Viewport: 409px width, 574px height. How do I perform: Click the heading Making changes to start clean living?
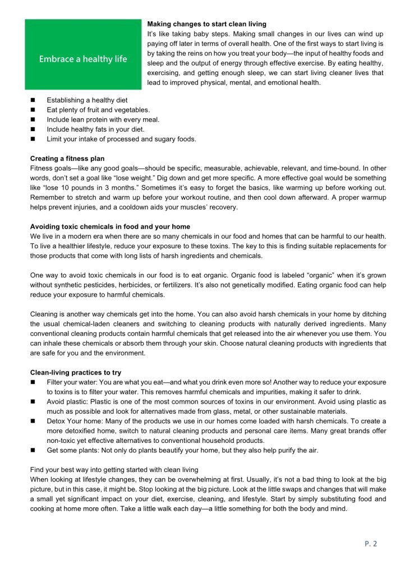point(206,24)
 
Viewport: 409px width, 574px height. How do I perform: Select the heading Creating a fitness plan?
point(67,159)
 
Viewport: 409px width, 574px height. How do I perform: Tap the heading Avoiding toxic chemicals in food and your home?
point(110,226)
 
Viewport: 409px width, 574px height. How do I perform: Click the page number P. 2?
point(371,543)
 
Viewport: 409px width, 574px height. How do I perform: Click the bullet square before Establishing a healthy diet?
point(33,100)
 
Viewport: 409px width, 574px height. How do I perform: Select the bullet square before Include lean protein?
point(33,119)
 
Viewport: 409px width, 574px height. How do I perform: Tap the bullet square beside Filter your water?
point(33,382)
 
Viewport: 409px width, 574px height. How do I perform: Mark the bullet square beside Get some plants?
point(33,450)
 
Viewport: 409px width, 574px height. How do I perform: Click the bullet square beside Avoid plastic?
point(33,401)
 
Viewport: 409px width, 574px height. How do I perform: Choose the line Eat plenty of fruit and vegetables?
point(98,110)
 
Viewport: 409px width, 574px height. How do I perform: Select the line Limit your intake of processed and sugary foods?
point(121,138)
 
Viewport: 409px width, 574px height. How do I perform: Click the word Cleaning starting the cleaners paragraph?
point(44,314)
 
